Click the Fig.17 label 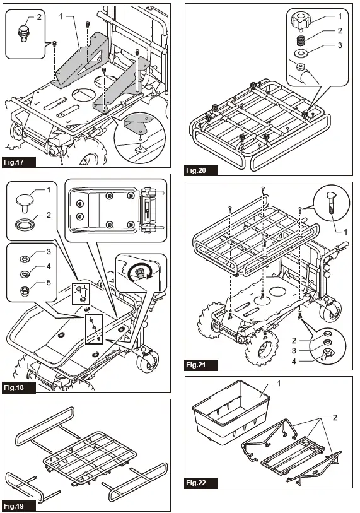click(19, 162)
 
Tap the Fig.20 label click(200, 170)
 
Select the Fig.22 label click(200, 482)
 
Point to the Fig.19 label click(19, 506)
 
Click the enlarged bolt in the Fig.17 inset click(22, 32)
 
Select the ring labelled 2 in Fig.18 click(24, 225)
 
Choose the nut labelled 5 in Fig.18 click(25, 290)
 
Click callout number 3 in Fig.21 click(294, 351)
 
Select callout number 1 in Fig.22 click(279, 383)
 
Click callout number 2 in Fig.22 click(335, 418)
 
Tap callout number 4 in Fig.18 click(49, 266)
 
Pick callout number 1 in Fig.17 click(61, 16)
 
